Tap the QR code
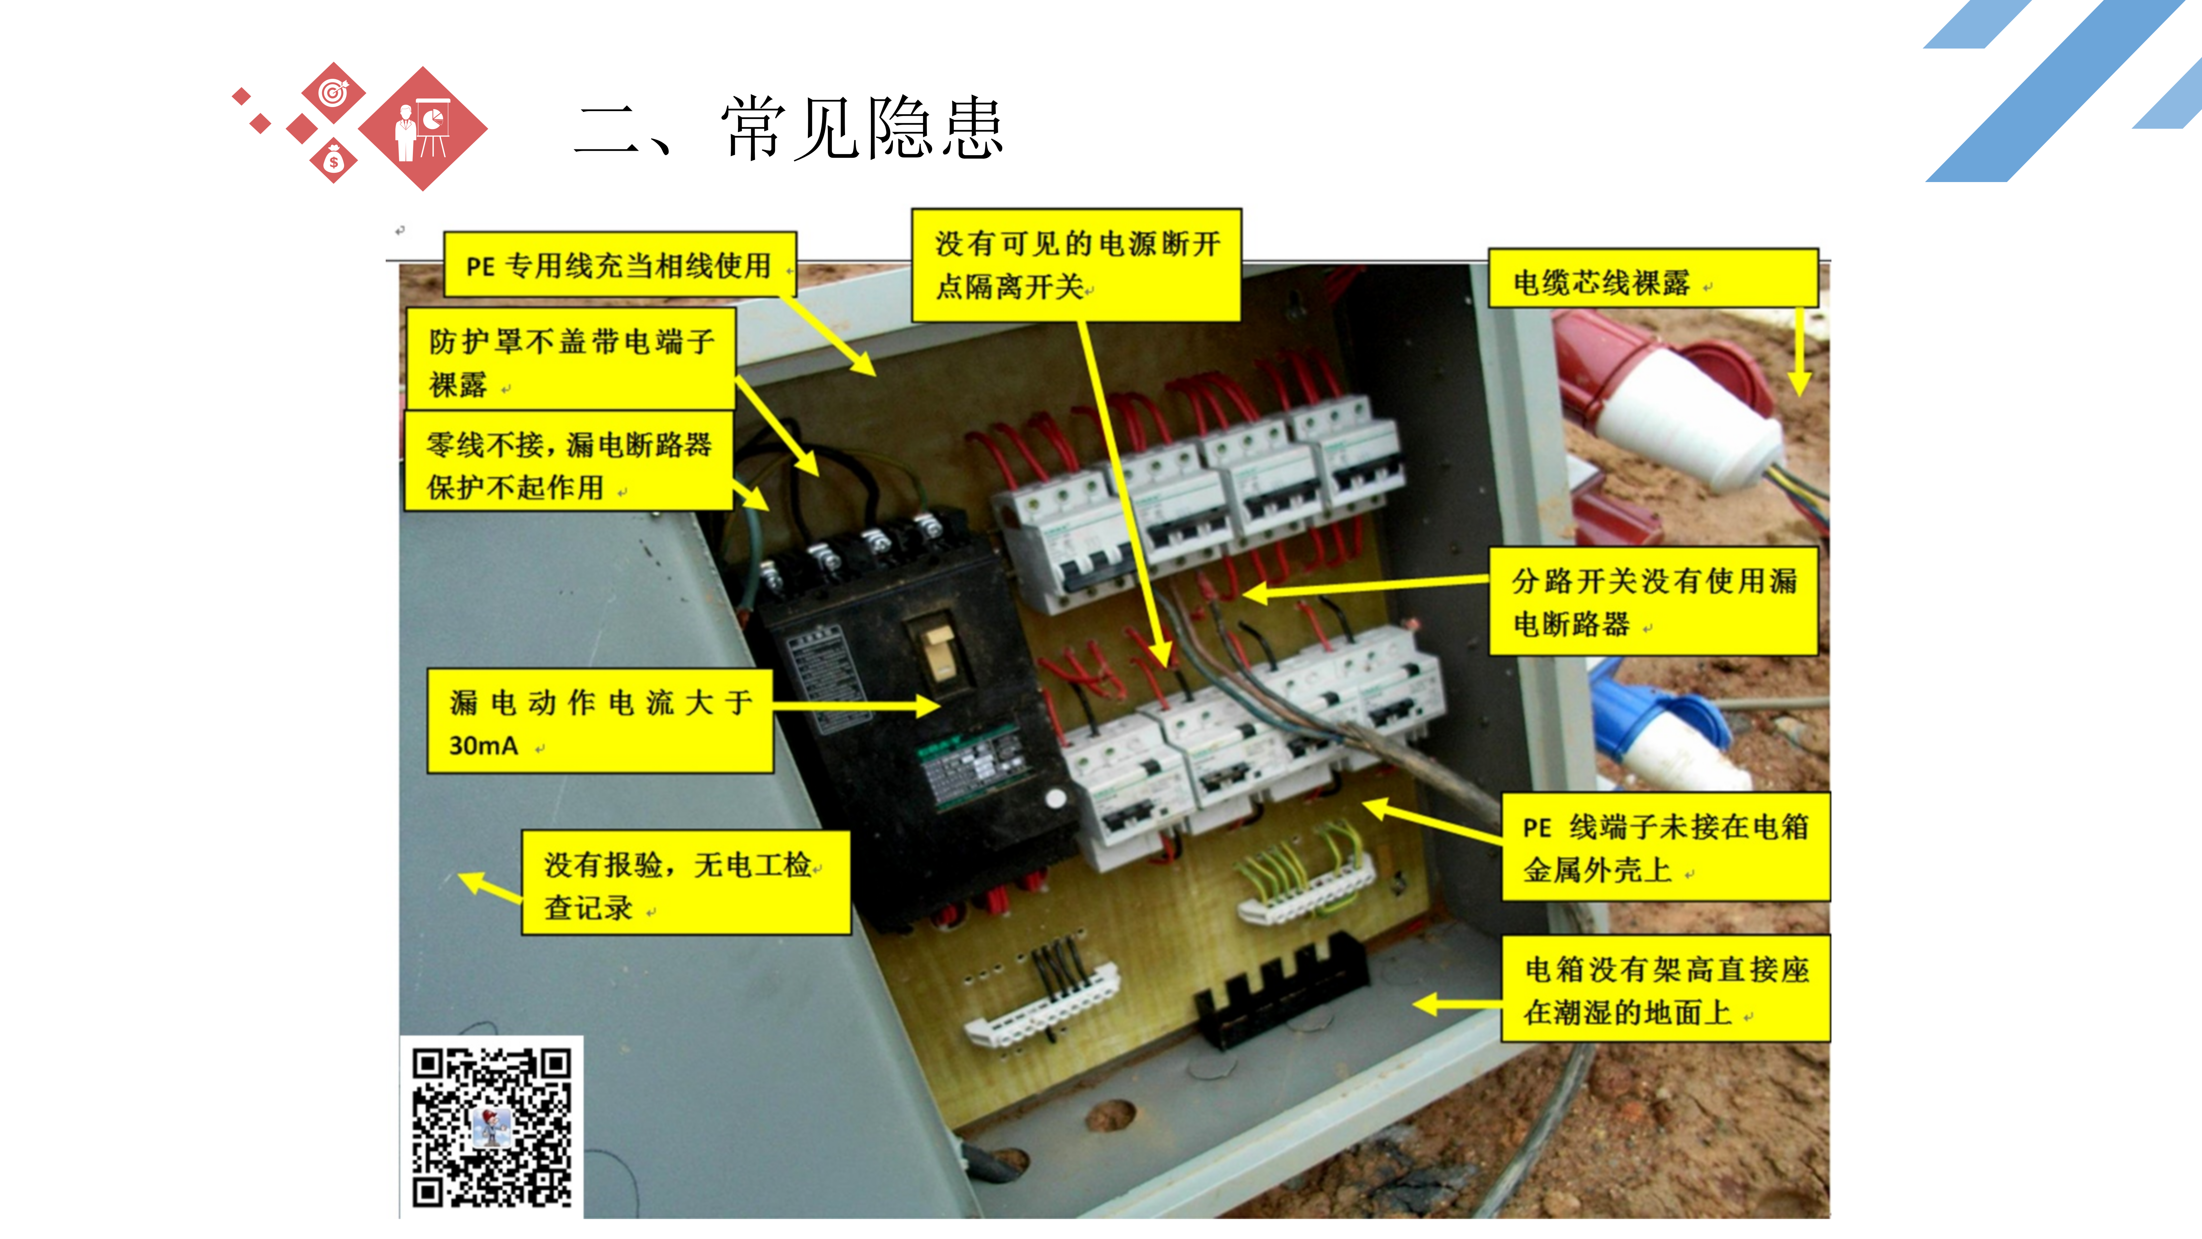(492, 1127)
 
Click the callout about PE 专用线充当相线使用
(620, 264)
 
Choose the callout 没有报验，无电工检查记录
(686, 882)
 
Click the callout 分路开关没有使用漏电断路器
(1653, 602)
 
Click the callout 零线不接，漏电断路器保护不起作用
(568, 462)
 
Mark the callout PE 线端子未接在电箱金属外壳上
(1665, 847)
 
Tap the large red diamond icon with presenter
(423, 128)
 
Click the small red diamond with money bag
(333, 161)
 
